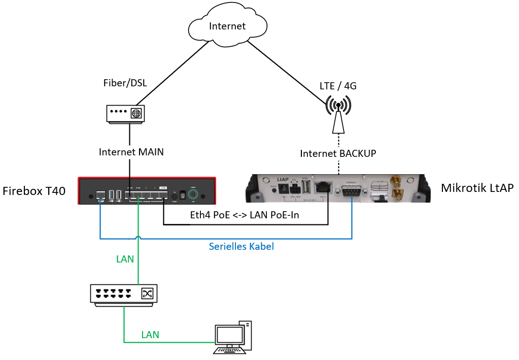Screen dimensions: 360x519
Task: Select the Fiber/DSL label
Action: (125, 82)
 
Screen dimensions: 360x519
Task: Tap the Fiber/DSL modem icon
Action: (125, 114)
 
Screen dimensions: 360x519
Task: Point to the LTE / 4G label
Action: (338, 86)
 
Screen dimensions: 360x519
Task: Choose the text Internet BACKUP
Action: (338, 153)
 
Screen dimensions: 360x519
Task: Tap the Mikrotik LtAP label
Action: (477, 188)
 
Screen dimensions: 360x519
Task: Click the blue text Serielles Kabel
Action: (241, 247)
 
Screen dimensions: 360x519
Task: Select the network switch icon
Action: (124, 294)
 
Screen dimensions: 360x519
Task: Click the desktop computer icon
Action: (231, 337)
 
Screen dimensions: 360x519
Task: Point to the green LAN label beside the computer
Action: (150, 335)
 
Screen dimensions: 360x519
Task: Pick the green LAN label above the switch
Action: (125, 259)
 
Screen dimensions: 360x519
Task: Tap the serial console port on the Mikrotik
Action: (352, 191)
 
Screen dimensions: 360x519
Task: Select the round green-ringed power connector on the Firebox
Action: (192, 195)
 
